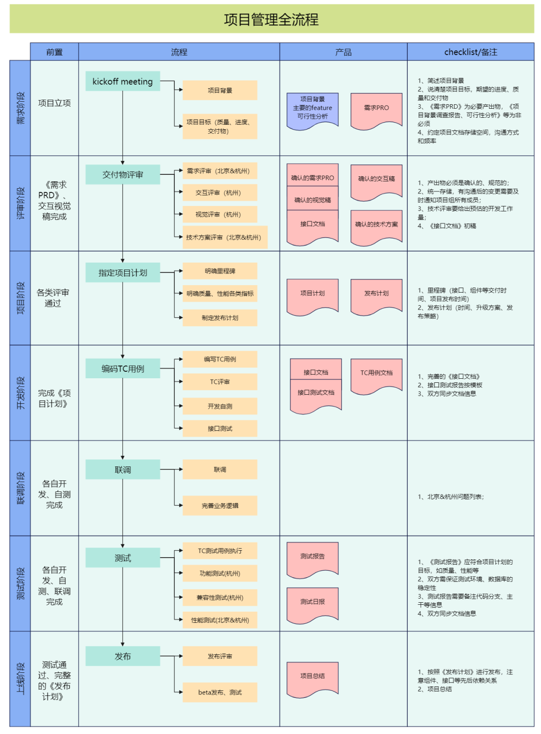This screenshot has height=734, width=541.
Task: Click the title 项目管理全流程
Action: click(x=271, y=20)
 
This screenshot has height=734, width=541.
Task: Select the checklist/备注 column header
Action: click(x=470, y=52)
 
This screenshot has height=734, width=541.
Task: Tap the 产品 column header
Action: click(x=343, y=52)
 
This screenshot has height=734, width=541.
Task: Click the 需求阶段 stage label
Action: click(x=20, y=108)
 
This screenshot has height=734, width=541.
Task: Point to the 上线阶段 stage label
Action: click(x=20, y=678)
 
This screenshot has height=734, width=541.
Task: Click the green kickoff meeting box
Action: click(x=123, y=81)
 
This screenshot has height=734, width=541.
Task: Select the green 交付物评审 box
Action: click(x=123, y=174)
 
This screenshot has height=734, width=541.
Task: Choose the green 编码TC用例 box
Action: click(x=123, y=369)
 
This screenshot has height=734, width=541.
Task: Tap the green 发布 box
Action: click(x=123, y=656)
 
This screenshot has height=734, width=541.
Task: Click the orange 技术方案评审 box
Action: click(x=224, y=237)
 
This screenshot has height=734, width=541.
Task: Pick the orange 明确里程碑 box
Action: click(x=220, y=271)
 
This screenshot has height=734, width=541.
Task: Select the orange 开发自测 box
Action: click(x=220, y=406)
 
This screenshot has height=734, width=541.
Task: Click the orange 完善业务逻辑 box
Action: click(x=220, y=506)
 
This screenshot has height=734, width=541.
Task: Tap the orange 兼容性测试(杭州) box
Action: click(x=220, y=597)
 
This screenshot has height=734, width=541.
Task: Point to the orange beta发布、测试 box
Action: click(x=220, y=692)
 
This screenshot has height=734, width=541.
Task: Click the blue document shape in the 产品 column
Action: click(x=313, y=109)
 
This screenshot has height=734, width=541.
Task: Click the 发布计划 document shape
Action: click(x=376, y=295)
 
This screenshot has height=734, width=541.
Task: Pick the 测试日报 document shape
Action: click(x=313, y=603)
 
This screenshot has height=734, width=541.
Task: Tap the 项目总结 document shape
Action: click(x=313, y=677)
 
